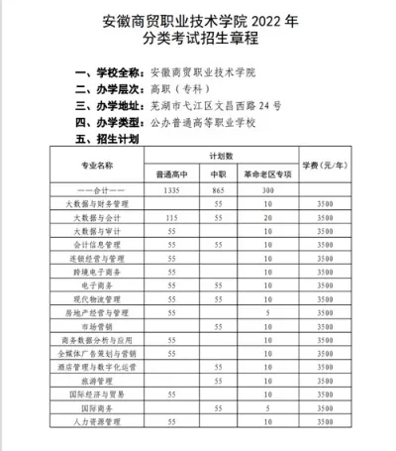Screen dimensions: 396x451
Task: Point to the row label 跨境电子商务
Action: tap(97, 271)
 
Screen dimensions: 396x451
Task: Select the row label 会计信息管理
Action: tap(97, 243)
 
